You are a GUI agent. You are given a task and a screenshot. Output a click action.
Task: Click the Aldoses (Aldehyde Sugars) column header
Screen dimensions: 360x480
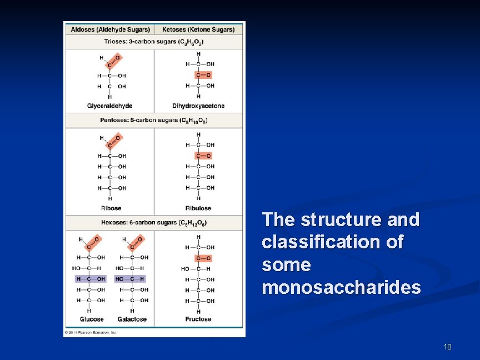tap(110, 29)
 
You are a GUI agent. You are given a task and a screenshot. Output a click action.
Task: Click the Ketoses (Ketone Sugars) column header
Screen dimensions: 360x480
tap(198, 29)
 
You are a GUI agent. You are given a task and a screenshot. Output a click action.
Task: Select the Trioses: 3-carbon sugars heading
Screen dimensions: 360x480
tap(154, 42)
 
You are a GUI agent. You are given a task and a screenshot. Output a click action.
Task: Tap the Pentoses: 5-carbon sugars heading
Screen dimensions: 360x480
tap(154, 120)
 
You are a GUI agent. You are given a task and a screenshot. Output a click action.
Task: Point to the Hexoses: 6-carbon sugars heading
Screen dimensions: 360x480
tap(154, 223)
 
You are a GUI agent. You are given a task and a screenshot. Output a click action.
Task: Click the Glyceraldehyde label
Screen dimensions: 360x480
tap(110, 106)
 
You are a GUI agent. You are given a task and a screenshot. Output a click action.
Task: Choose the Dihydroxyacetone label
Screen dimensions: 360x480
tap(198, 106)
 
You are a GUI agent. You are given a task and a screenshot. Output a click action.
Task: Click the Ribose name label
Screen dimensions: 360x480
tap(111, 208)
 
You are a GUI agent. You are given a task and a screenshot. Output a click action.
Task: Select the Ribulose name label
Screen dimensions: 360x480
tap(198, 208)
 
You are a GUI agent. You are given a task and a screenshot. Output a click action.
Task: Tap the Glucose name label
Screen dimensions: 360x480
tap(92, 319)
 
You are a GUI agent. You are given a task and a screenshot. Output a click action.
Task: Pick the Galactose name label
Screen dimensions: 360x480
tap(132, 319)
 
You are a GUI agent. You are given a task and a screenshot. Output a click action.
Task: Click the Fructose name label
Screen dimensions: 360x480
tap(198, 319)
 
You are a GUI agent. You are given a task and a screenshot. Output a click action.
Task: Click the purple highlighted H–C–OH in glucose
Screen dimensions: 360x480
tap(90, 279)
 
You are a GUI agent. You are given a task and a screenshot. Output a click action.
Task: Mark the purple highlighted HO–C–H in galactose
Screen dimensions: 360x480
tap(130, 279)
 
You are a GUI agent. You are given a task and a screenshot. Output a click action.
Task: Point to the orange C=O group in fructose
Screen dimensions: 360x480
tap(203, 258)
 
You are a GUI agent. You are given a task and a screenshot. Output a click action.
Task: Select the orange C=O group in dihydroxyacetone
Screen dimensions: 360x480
tap(203, 74)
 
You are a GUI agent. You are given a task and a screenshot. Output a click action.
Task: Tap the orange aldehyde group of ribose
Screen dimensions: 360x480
tap(113, 142)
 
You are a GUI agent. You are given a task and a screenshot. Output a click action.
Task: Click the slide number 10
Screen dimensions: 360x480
tap(448, 347)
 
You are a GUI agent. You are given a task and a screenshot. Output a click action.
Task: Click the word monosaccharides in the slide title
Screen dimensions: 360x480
tap(341, 288)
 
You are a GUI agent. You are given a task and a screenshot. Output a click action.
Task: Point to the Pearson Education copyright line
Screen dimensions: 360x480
tap(91, 332)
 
